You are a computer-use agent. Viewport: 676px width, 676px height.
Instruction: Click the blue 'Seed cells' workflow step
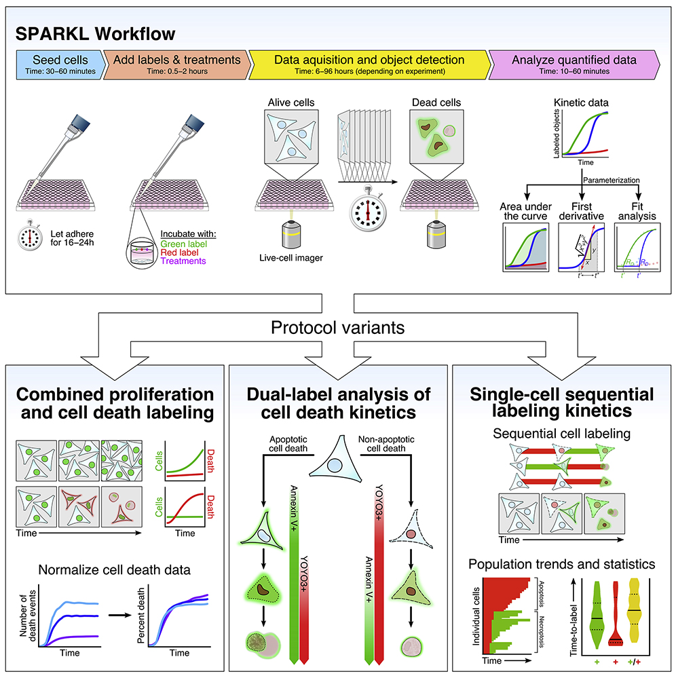pos(60,64)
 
